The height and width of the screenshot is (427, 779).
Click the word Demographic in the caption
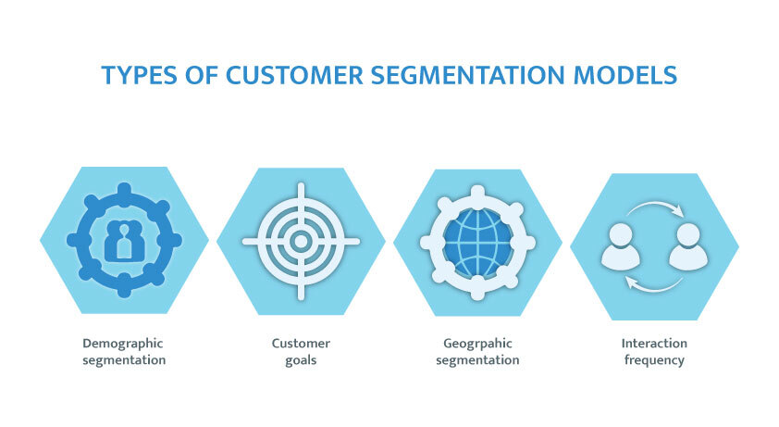[x=123, y=344]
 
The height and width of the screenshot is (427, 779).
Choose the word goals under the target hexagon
[x=301, y=360]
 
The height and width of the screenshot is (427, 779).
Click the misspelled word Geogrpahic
[x=476, y=344]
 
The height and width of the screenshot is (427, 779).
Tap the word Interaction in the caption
[x=654, y=344]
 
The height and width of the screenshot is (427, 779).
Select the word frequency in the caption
[x=654, y=360]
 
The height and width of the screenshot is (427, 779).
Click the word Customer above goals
[x=301, y=344]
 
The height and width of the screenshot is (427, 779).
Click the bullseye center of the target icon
[x=301, y=241]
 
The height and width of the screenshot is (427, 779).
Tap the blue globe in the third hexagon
[x=477, y=241]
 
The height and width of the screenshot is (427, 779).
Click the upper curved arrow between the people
[x=654, y=207]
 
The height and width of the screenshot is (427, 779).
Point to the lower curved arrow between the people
[x=653, y=283]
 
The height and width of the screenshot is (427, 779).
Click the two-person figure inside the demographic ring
[x=123, y=241]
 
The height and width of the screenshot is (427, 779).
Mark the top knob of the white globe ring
[x=477, y=192]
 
